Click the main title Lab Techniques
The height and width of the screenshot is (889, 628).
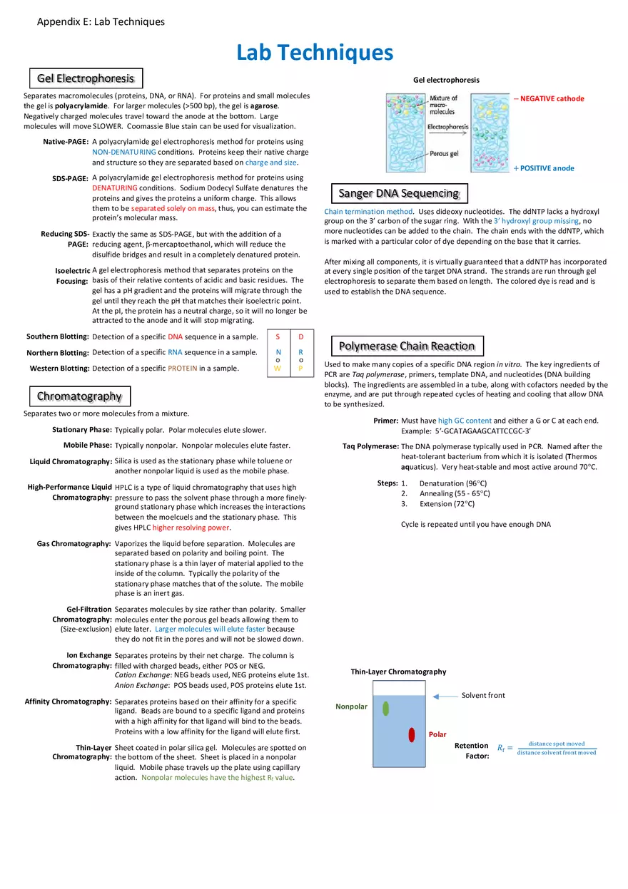coord(314,52)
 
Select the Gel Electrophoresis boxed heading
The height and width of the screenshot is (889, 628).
coord(86,78)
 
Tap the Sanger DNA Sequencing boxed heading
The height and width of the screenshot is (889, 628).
coord(398,193)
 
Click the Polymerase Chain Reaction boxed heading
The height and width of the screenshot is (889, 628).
coord(407,346)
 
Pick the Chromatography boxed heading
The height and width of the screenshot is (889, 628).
coord(79,396)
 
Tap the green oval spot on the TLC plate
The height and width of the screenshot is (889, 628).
coord(385,709)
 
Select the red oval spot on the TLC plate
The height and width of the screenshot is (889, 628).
coord(412,735)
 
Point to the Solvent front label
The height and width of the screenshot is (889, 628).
coord(483,695)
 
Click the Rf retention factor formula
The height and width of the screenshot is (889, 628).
coord(547,748)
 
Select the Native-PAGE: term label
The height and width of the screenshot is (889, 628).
coord(66,142)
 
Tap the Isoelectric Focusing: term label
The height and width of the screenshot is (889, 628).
coord(72,276)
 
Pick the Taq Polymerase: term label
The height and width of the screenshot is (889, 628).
coord(370,446)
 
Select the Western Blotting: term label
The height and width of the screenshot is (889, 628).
coord(59,369)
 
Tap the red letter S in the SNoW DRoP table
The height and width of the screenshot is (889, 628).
coord(278,336)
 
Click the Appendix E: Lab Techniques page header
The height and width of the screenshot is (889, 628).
coord(101,21)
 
